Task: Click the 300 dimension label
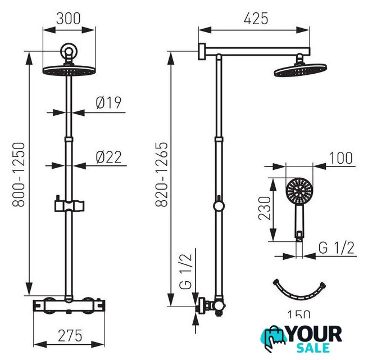[x=69, y=19]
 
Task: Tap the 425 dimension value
[x=256, y=19]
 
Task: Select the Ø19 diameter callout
[x=108, y=103]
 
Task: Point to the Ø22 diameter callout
[x=109, y=157]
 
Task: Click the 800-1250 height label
[x=19, y=174]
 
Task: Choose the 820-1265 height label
[x=162, y=174]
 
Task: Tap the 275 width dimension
[x=70, y=336]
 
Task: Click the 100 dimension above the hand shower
[x=341, y=158]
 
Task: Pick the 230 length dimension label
[x=265, y=208]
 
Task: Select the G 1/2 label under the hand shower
[x=337, y=247]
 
